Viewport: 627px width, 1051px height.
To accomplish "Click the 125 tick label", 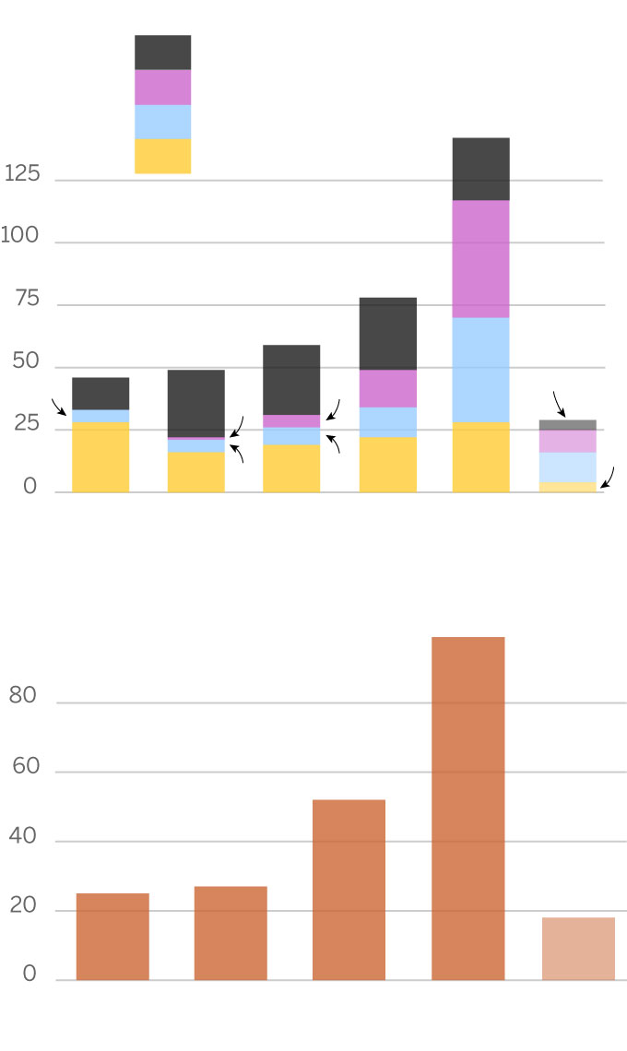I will (21, 173).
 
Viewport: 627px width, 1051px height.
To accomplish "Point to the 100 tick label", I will (19, 236).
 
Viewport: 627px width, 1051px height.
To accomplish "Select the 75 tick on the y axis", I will (27, 299).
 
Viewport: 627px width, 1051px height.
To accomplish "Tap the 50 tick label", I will (27, 361).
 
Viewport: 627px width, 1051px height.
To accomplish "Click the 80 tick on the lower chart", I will (23, 696).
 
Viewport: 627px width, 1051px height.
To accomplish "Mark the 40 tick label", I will (23, 836).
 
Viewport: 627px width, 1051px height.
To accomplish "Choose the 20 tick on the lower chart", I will (23, 906).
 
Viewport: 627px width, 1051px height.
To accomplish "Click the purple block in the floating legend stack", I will (162, 88).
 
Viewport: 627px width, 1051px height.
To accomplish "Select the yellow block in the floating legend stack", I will (162, 157).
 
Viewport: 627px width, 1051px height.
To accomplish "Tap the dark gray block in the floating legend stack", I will (162, 53).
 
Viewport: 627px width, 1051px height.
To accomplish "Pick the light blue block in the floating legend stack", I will (162, 122).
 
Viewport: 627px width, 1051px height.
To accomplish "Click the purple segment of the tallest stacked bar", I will (480, 259).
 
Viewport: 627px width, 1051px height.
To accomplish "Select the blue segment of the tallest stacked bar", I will (480, 370).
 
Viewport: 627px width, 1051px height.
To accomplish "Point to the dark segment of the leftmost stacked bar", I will (101, 394).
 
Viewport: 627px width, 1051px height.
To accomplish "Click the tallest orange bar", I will (467, 809).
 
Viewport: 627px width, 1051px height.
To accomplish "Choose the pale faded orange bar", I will (578, 949).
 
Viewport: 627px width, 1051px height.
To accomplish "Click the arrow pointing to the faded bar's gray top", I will (559, 404).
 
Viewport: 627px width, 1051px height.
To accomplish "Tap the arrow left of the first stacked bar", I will (58, 407).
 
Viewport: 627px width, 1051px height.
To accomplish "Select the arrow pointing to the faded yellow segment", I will (608, 478).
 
